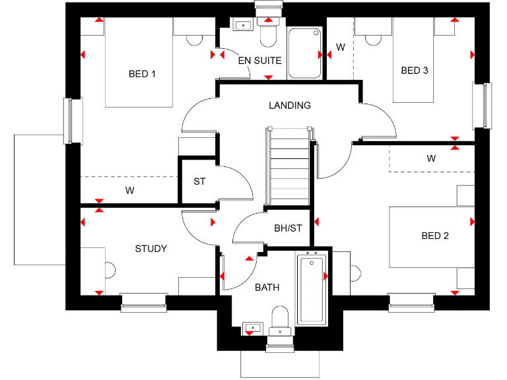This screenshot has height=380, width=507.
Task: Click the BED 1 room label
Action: click(x=142, y=74)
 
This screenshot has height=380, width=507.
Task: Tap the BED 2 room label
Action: click(x=435, y=236)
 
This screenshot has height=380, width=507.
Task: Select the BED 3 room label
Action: click(x=415, y=71)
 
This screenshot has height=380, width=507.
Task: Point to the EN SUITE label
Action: click(x=259, y=61)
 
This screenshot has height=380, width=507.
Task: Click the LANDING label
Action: click(x=289, y=106)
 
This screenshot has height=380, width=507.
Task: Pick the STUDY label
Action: click(x=151, y=249)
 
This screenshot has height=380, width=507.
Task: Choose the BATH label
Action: click(x=267, y=287)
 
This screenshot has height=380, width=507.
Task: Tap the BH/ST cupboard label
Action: click(x=288, y=229)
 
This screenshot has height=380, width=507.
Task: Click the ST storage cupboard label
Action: click(x=199, y=181)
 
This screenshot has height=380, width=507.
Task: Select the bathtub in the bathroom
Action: click(x=312, y=288)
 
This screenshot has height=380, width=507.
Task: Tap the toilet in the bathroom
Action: click(x=280, y=318)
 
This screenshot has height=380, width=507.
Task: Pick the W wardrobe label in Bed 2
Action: click(x=431, y=158)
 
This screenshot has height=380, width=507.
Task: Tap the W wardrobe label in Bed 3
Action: click(x=341, y=47)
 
